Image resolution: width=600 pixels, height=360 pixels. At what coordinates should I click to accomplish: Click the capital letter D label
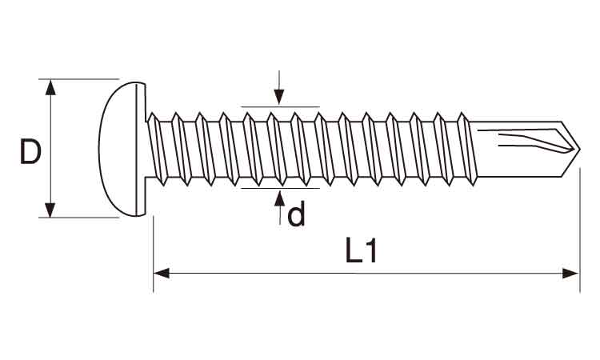pyautogui.click(x=30, y=152)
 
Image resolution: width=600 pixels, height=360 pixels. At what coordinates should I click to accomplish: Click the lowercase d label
pyautogui.click(x=296, y=214)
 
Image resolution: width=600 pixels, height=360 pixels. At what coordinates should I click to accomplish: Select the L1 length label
pyautogui.click(x=362, y=250)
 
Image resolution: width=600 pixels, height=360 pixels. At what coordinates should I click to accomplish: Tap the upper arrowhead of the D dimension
pyautogui.click(x=50, y=87)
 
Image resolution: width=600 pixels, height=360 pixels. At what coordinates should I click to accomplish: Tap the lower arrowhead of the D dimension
pyautogui.click(x=50, y=210)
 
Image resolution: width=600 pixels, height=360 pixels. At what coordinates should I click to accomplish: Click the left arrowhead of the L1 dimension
pyautogui.click(x=162, y=274)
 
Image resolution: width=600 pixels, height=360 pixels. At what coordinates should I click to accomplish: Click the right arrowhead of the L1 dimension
pyautogui.click(x=571, y=274)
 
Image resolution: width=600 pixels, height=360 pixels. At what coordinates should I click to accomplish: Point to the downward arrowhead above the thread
pyautogui.click(x=279, y=97)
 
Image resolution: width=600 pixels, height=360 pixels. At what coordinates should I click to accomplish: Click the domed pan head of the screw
pyautogui.click(x=123, y=149)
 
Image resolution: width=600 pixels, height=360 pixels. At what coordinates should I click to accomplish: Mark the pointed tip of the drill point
pyautogui.click(x=580, y=150)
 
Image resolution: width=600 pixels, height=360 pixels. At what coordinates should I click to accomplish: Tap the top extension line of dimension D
pyautogui.click(x=79, y=79)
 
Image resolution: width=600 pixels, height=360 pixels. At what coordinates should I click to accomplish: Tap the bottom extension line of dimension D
pyautogui.click(x=79, y=218)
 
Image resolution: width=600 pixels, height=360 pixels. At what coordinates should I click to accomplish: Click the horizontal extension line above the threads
pyautogui.click(x=281, y=106)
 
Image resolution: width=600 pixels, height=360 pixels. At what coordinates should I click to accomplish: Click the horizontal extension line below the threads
pyautogui.click(x=281, y=188)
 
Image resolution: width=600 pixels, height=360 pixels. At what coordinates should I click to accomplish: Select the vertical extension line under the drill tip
pyautogui.click(x=580, y=230)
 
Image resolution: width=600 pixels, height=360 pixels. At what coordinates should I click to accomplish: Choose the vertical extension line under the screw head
pyautogui.click(x=154, y=254)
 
